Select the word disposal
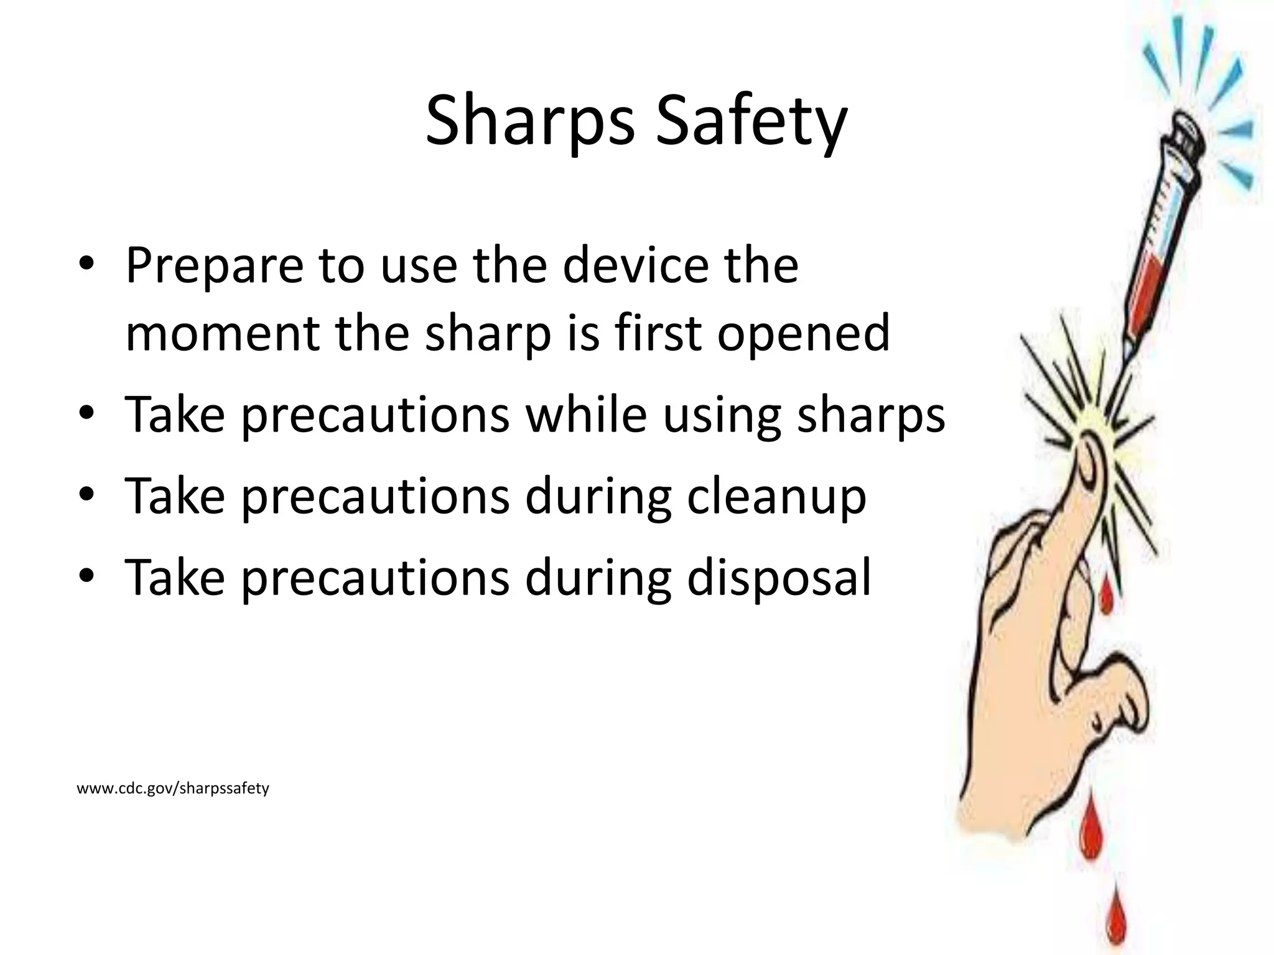779,578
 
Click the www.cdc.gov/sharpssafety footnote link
173,788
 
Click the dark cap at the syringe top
1186,140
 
